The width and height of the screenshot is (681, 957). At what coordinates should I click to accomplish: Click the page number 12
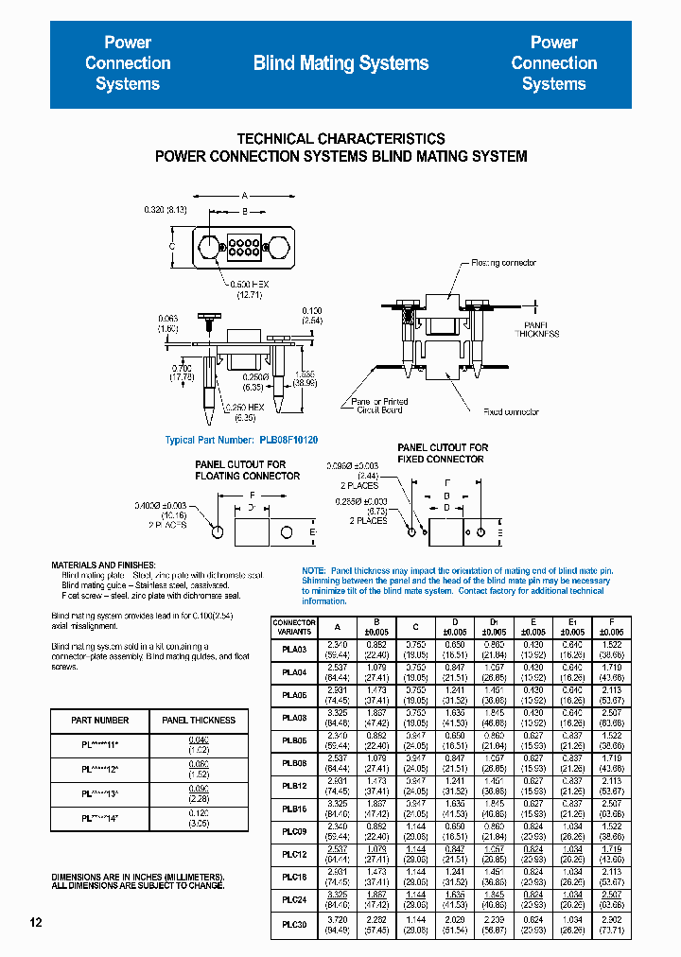pyautogui.click(x=35, y=922)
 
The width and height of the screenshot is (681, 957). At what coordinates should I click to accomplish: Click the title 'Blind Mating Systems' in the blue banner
pyautogui.click(x=340, y=63)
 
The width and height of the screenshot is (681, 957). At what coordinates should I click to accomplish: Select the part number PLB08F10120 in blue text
pyautogui.click(x=288, y=440)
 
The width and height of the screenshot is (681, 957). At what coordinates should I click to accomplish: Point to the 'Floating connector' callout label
pyautogui.click(x=503, y=263)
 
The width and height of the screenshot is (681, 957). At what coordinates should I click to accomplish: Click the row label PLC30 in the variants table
pyautogui.click(x=294, y=925)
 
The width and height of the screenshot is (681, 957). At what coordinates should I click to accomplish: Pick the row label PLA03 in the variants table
pyautogui.click(x=294, y=650)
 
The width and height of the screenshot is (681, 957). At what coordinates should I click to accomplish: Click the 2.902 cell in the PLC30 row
pyautogui.click(x=612, y=919)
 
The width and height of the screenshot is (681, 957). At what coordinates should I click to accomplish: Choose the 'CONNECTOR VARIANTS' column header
pyautogui.click(x=294, y=627)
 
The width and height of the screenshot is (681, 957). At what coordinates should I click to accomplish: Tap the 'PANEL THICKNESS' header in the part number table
pyautogui.click(x=199, y=721)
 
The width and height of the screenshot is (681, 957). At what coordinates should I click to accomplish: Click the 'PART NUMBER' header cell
pyautogui.click(x=100, y=721)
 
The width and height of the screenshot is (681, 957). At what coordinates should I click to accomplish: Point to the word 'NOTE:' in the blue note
pyautogui.click(x=313, y=571)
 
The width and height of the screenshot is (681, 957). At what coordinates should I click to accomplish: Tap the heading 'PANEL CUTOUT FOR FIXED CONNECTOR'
pyautogui.click(x=443, y=453)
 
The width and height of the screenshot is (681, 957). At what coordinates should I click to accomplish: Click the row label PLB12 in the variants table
pyautogui.click(x=294, y=786)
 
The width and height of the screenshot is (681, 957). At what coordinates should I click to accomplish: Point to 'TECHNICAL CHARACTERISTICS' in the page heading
pyautogui.click(x=340, y=138)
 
